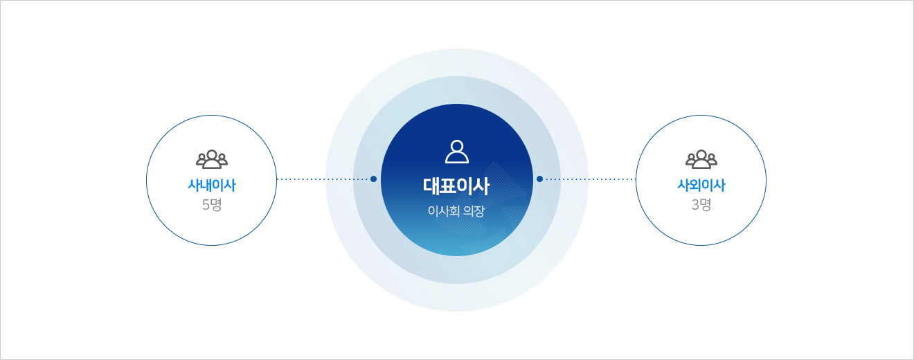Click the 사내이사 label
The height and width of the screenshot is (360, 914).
click(212, 186)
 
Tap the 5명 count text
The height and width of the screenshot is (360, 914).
click(212, 204)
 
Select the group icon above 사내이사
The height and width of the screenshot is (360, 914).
click(212, 159)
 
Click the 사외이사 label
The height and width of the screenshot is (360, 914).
click(701, 186)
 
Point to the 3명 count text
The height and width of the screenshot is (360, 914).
click(701, 204)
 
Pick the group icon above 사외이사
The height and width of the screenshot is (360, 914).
click(701, 159)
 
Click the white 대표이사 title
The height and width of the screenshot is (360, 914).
click(456, 186)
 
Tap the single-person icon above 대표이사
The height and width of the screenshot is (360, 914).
click(457, 152)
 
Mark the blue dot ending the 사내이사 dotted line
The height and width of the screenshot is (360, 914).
click(373, 179)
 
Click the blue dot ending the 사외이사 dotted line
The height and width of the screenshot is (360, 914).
click(539, 179)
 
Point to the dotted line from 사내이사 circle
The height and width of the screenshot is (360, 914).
click(323, 179)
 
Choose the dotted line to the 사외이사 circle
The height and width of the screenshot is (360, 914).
click(589, 179)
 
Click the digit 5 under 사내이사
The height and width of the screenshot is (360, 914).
click(206, 204)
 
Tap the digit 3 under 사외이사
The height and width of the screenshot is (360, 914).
click(696, 204)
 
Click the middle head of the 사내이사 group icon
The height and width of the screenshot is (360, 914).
click(212, 154)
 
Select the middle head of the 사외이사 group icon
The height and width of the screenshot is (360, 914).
click(701, 154)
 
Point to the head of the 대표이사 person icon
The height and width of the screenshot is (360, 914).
click(457, 146)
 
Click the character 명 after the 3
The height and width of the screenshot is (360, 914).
click(706, 204)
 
